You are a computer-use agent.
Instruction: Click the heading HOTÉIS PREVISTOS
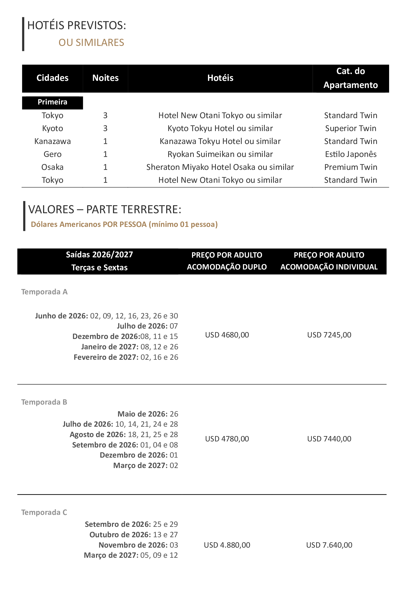point(77,26)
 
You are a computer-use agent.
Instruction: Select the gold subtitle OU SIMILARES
point(91,43)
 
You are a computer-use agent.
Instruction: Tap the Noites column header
point(105,78)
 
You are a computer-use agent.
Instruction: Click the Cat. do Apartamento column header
point(350,78)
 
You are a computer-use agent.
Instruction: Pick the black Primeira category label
point(52,102)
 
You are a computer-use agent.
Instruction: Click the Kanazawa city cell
point(52,141)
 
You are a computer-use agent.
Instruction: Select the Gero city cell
point(52,154)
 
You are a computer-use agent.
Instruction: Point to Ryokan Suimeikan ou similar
point(220,154)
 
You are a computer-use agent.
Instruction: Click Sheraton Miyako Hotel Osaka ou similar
point(220,167)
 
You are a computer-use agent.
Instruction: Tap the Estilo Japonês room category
point(350,154)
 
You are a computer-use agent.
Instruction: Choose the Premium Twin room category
point(350,167)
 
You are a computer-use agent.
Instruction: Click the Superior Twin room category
point(350,128)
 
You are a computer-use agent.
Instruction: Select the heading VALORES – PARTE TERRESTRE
point(105,209)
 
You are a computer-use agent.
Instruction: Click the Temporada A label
point(44,292)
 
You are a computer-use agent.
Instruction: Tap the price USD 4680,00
point(227,335)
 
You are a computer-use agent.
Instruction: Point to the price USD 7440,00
point(329,439)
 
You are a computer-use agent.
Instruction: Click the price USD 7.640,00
point(329,545)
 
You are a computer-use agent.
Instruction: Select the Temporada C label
point(44,512)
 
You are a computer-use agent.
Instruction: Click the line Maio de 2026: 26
point(148,414)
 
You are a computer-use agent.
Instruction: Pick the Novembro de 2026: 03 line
point(138,545)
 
